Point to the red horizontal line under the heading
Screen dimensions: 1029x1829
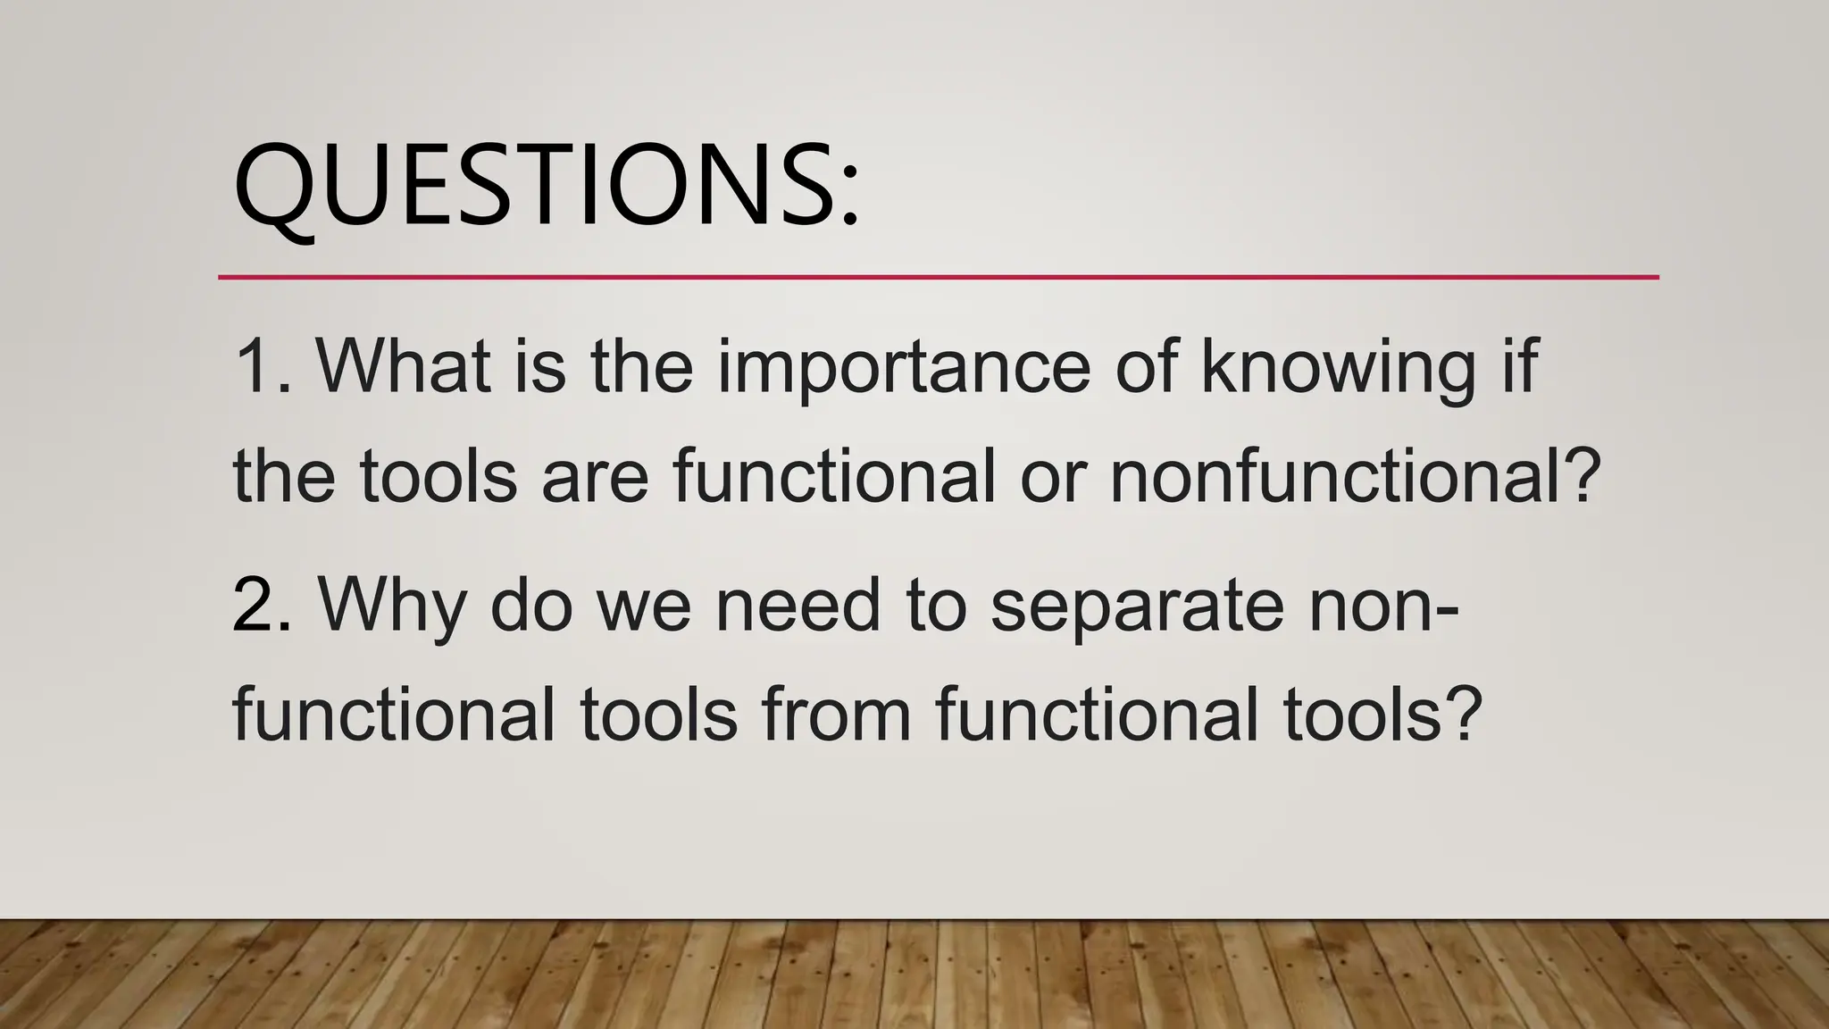pyautogui.click(x=938, y=278)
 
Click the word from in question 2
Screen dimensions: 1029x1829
pyautogui.click(x=836, y=715)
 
